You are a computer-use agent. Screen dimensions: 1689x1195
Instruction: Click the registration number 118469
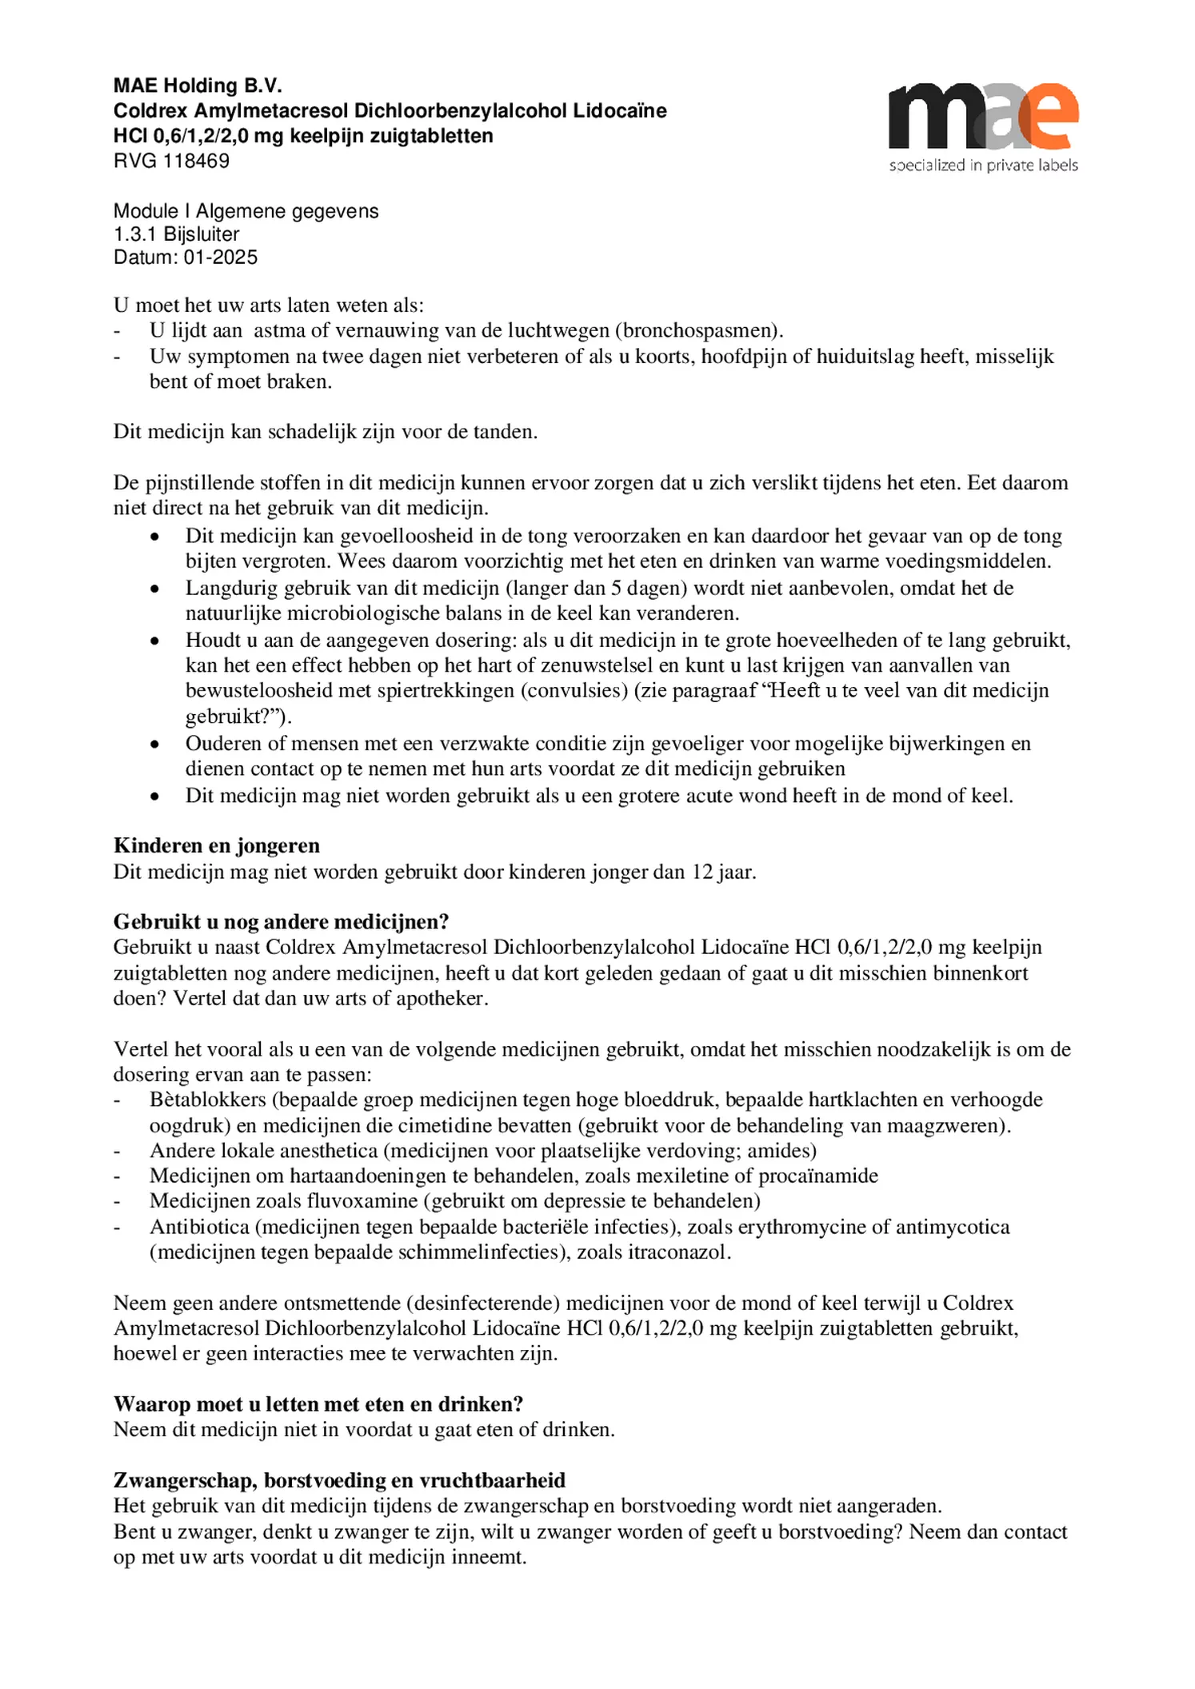tap(196, 161)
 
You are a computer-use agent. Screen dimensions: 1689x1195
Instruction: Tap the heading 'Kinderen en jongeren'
tap(216, 845)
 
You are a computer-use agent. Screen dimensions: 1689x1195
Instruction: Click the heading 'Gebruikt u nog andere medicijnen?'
tap(281, 921)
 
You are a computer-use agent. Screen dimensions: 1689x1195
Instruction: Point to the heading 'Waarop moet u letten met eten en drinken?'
tap(318, 1404)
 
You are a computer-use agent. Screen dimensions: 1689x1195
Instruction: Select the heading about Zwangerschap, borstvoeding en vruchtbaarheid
tap(339, 1479)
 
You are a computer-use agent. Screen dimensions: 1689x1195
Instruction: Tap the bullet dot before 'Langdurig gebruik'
tap(155, 589)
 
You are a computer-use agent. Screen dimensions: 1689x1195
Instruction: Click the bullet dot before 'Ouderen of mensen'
tap(155, 744)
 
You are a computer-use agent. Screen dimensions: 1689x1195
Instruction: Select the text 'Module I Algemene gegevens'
tap(246, 211)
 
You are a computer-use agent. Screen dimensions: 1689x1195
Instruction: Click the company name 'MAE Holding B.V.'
tap(198, 86)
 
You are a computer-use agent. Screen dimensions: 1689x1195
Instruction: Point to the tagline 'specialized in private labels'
tap(983, 166)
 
